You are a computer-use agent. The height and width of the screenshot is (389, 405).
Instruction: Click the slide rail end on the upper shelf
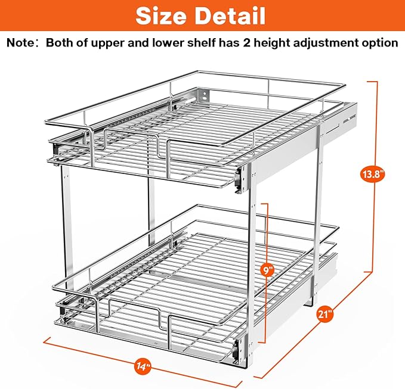coord(239,178)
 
